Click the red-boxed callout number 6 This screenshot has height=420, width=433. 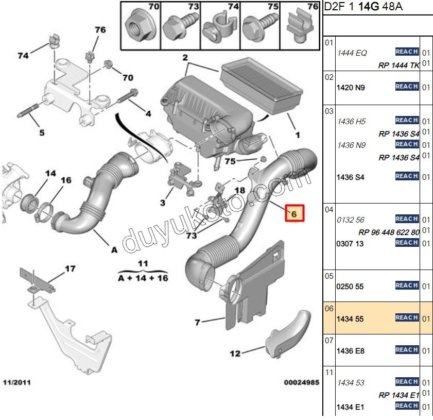click(295, 213)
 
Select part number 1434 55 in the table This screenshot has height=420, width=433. click(350, 320)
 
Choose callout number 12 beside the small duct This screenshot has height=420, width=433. click(235, 354)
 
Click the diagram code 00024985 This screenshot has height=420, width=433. click(301, 383)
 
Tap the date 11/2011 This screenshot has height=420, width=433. click(17, 383)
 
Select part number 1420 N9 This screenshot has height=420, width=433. click(350, 88)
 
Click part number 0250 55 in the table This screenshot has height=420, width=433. click(350, 286)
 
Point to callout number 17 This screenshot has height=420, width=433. click(70, 268)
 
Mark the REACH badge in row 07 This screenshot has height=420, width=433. click(406, 350)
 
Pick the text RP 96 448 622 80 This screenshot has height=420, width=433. click(389, 232)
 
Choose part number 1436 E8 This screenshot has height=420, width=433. click(350, 351)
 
